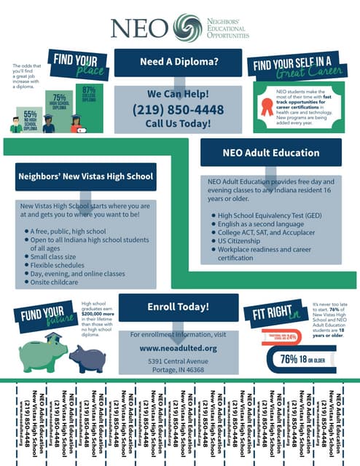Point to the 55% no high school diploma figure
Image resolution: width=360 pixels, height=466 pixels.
[31, 119]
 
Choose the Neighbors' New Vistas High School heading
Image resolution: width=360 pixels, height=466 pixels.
[85, 176]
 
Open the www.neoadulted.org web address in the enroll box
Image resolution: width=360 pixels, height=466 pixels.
[178, 348]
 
